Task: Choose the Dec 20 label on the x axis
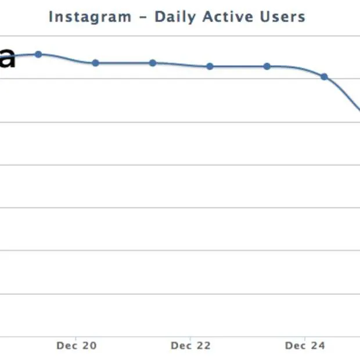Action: tap(77, 346)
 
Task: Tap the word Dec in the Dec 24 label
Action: tap(295, 346)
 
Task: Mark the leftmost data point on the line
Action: tap(38, 54)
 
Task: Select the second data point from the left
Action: tap(95, 63)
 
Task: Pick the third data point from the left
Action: tap(153, 63)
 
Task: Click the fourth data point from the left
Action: tap(210, 66)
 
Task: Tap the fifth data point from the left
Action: tap(267, 66)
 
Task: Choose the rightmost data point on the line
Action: tap(324, 76)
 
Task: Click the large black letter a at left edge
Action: tap(6, 59)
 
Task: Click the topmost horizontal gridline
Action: tap(174, 36)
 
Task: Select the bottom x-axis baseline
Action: tap(174, 336)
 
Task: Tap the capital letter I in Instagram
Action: tap(51, 16)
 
